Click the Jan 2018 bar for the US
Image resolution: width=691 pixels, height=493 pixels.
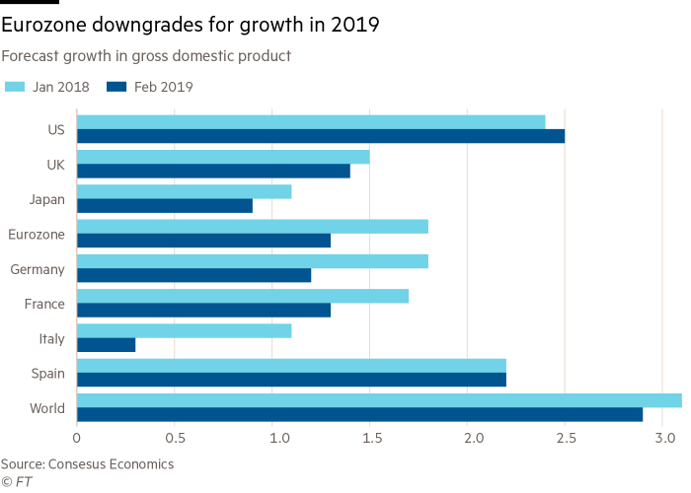click(311, 121)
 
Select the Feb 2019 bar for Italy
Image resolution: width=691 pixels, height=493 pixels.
click(107, 345)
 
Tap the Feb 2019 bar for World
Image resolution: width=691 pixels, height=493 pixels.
click(360, 415)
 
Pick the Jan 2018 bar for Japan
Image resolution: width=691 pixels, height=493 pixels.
click(185, 191)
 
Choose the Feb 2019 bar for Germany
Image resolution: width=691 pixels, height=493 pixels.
click(194, 276)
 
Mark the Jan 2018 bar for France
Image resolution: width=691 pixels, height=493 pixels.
click(243, 296)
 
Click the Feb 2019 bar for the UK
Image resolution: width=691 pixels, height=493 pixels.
click(213, 172)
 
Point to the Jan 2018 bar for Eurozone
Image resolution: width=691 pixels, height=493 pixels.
click(253, 226)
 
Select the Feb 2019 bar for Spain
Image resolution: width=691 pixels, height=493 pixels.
click(291, 380)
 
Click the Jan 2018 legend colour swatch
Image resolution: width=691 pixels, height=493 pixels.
click(15, 87)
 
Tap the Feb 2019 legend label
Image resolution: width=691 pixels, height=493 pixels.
click(163, 87)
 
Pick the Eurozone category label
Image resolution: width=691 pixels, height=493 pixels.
click(38, 235)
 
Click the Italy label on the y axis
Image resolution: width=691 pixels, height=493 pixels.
click(51, 339)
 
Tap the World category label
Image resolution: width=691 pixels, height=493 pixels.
click(48, 408)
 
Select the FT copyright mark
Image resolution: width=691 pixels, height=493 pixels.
click(15, 481)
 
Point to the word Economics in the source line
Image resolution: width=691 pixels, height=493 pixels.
click(140, 463)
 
